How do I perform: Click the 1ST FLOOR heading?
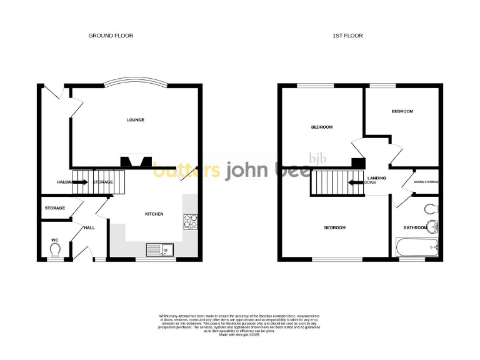click(x=347, y=36)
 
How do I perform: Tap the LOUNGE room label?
click(x=136, y=120)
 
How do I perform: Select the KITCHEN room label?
click(x=154, y=214)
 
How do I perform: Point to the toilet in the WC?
click(x=54, y=250)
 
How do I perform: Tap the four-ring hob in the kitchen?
click(x=190, y=221)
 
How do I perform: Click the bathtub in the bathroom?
click(x=416, y=249)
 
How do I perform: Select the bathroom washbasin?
click(x=431, y=226)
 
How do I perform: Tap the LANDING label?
click(x=376, y=177)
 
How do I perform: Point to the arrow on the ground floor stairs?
click(x=81, y=182)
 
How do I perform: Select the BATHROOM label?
click(x=415, y=227)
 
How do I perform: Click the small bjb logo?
click(x=316, y=159)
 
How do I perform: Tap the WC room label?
click(x=54, y=239)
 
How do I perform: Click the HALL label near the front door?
click(x=89, y=227)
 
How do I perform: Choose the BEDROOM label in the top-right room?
click(x=402, y=111)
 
